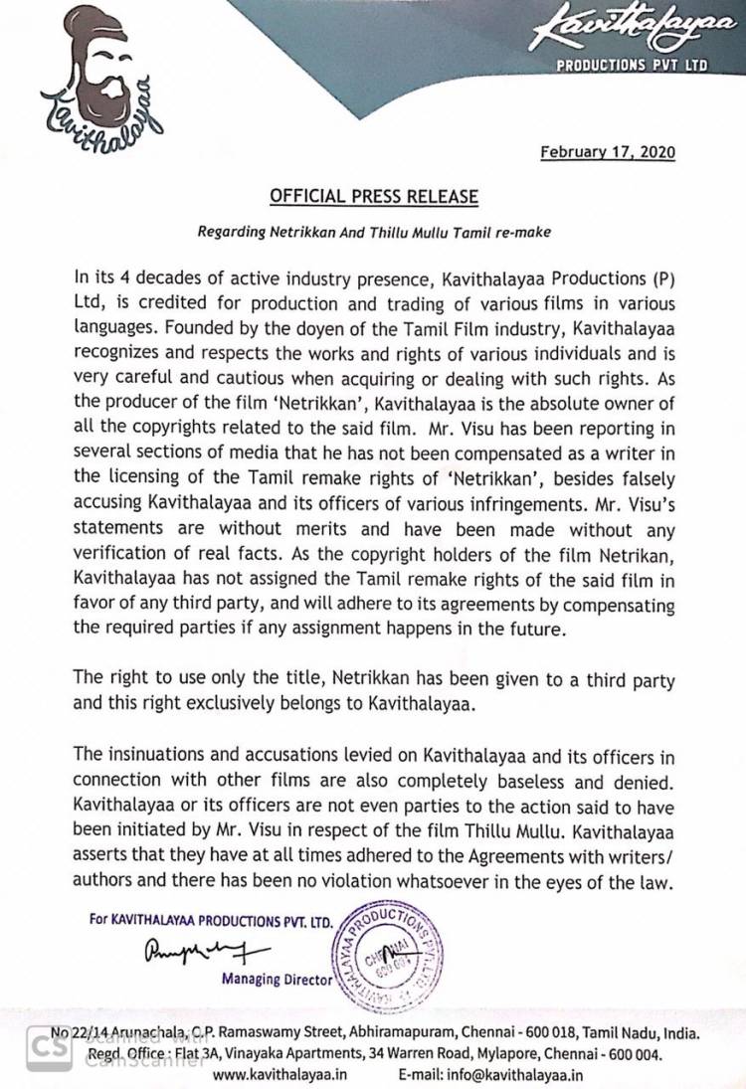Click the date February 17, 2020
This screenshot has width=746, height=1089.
point(608,153)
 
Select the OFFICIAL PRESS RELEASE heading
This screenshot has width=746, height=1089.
point(374,197)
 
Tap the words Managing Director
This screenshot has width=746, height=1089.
point(279,980)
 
